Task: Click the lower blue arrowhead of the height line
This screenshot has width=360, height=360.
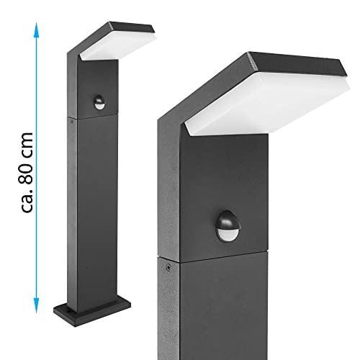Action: point(36,305)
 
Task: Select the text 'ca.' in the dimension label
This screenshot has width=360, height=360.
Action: point(27,201)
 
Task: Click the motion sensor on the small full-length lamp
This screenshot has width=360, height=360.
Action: point(99,102)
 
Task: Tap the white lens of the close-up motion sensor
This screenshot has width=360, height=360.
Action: point(228,233)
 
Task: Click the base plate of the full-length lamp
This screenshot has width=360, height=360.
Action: point(92,311)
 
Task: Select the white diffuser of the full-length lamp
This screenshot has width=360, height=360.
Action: point(118,45)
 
